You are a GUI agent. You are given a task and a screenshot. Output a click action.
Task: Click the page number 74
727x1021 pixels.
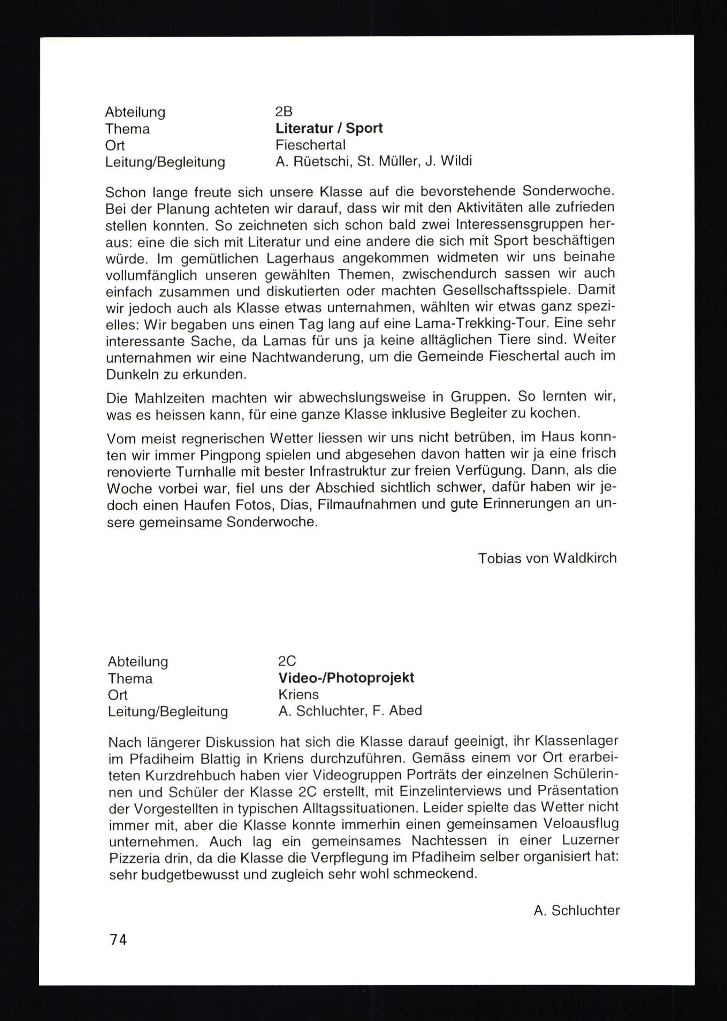pos(118,939)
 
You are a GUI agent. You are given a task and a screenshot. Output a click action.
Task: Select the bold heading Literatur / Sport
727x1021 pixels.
pos(329,128)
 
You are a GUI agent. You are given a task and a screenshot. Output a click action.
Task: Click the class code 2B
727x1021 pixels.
pos(284,112)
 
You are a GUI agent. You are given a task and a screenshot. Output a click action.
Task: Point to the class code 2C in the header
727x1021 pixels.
pos(287,661)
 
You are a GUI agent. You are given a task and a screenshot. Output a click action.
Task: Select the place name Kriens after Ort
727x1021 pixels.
pos(298,694)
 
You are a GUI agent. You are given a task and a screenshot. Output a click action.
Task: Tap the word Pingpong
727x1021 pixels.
pos(230,455)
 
